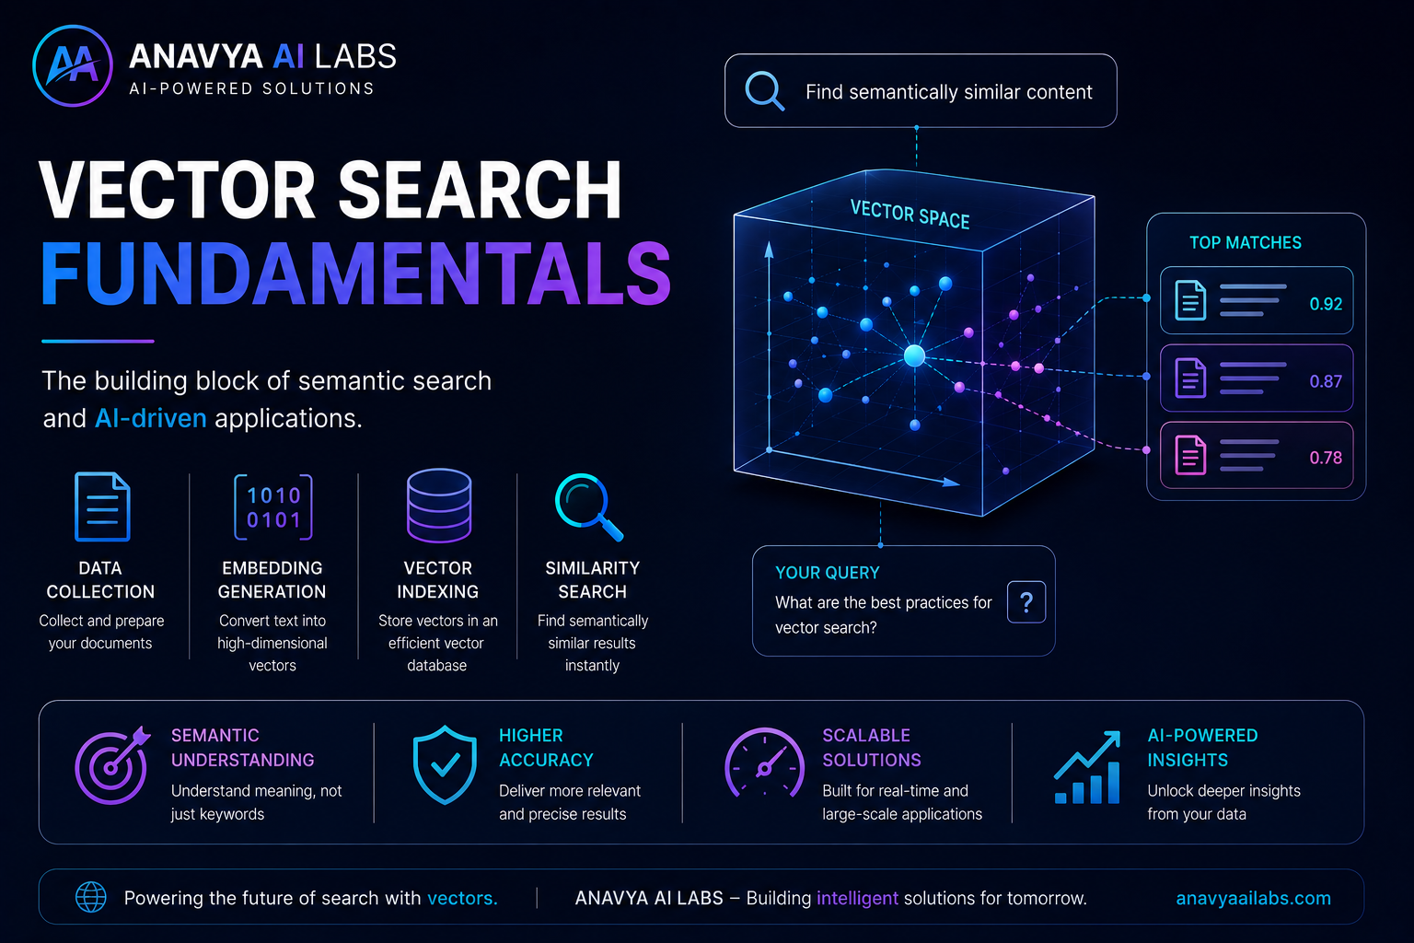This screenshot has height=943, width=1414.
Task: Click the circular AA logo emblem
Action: pos(73,65)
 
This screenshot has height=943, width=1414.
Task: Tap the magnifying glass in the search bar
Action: pos(764,91)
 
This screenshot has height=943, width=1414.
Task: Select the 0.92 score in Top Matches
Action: pos(1326,304)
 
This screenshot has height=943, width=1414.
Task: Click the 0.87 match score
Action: pos(1326,381)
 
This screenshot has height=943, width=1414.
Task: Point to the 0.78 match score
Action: pos(1326,458)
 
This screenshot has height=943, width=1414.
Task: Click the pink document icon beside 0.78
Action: pos(1190,455)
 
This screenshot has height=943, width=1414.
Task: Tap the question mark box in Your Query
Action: pos(1026,602)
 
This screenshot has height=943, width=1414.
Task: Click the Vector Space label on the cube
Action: pos(910,215)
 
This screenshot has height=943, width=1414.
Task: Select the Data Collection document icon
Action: pos(102,506)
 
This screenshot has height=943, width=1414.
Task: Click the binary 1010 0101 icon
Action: pos(273,507)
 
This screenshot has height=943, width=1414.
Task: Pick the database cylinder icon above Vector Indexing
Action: pos(439,506)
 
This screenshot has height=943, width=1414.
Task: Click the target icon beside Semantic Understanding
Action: pos(112,765)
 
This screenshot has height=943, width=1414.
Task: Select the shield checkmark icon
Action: pos(445,765)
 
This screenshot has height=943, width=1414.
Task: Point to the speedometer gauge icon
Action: pos(764,763)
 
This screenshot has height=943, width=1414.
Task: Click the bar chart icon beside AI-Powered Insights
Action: pos(1087,767)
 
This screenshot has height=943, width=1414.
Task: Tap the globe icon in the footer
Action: pos(91,897)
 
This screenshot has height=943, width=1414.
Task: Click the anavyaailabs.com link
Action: pos(1253,898)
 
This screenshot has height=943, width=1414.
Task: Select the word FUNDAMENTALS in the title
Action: pos(356,274)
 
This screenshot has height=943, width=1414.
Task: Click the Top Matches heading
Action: pos(1246,242)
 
